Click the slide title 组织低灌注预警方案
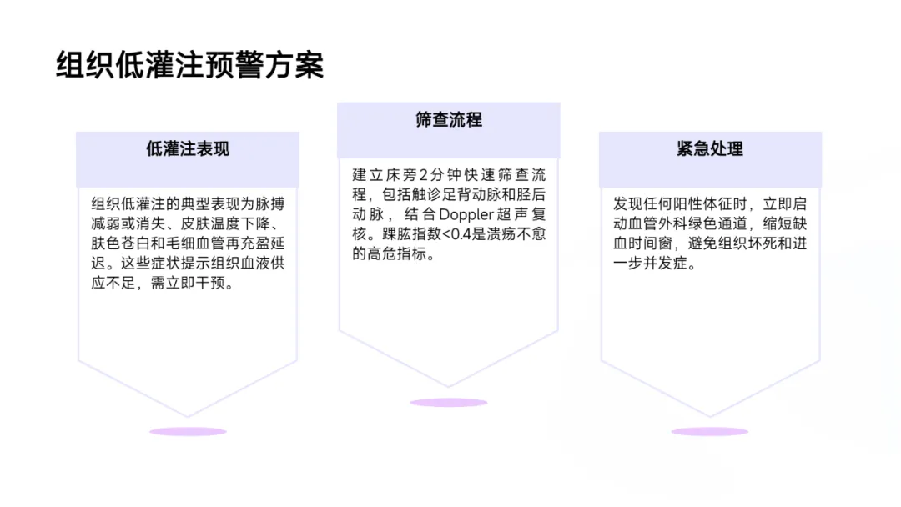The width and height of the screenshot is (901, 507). click(x=189, y=65)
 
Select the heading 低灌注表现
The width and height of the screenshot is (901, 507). click(x=188, y=149)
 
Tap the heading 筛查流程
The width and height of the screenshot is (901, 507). click(x=449, y=119)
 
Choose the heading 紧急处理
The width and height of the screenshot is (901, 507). click(x=710, y=149)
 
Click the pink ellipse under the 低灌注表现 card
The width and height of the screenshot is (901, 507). click(x=188, y=431)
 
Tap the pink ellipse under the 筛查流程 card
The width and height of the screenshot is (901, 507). click(x=449, y=403)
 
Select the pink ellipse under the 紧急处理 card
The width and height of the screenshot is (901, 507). click(x=710, y=431)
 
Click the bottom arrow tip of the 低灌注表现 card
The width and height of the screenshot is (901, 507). click(x=188, y=416)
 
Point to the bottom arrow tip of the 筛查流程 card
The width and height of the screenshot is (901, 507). click(x=449, y=387)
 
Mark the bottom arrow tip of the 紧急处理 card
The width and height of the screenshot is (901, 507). click(x=710, y=416)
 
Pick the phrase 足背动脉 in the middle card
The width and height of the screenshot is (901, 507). click(x=465, y=195)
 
